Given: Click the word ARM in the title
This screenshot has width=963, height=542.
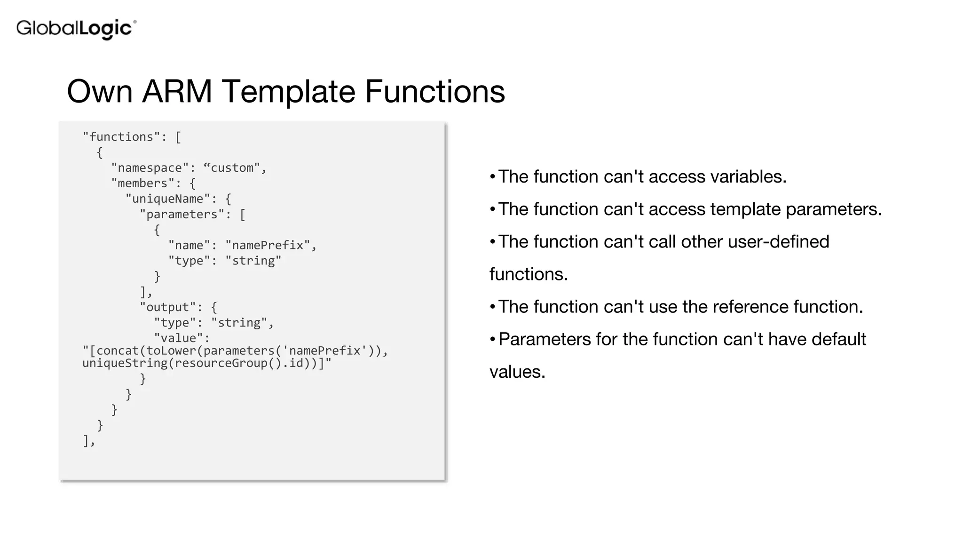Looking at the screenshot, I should tap(177, 91).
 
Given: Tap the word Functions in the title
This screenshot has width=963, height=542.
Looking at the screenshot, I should tap(434, 91).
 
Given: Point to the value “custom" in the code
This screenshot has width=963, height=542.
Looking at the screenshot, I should tap(232, 168).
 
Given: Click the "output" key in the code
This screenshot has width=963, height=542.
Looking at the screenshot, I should tap(167, 307).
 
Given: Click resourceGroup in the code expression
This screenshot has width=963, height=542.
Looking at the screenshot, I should tap(221, 363).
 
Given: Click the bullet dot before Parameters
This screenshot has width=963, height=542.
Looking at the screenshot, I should tap(492, 339).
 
